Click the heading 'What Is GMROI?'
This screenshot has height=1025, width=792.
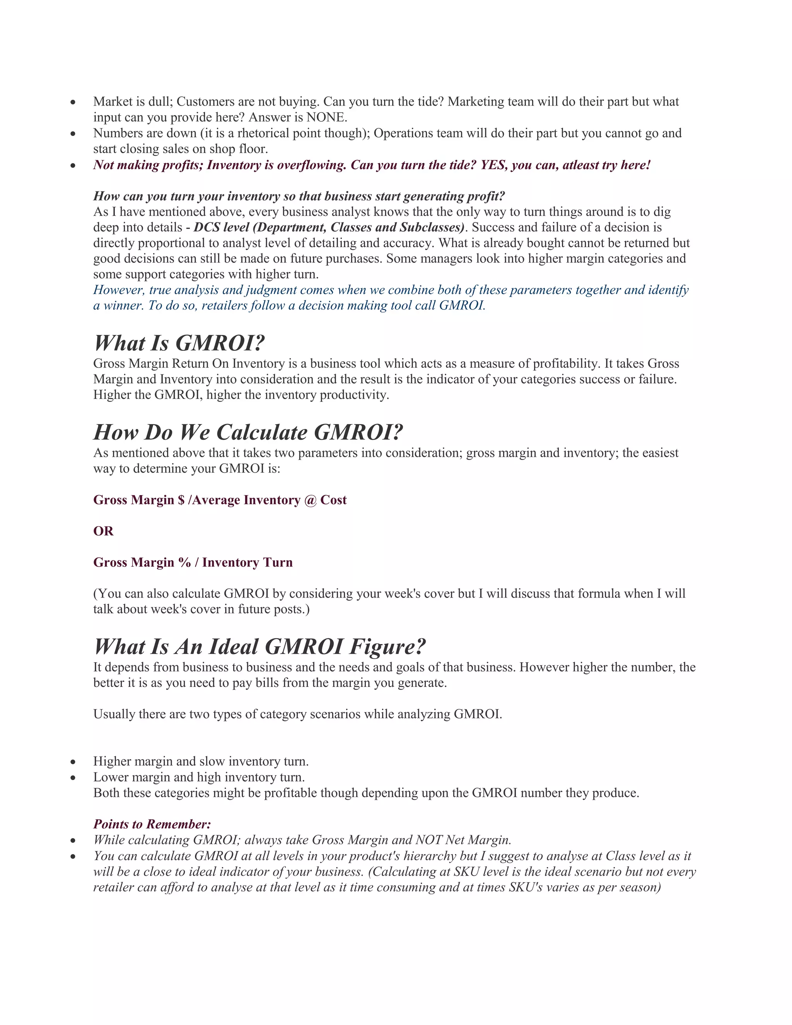[x=179, y=343]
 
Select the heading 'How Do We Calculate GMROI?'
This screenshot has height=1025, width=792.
[x=248, y=433]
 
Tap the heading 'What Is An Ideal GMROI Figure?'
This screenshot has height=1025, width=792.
[x=259, y=647]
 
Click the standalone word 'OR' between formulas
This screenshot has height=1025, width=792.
[x=103, y=531]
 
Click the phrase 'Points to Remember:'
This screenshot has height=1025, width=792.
[x=152, y=824]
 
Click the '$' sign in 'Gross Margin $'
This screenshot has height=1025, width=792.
[x=181, y=500]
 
